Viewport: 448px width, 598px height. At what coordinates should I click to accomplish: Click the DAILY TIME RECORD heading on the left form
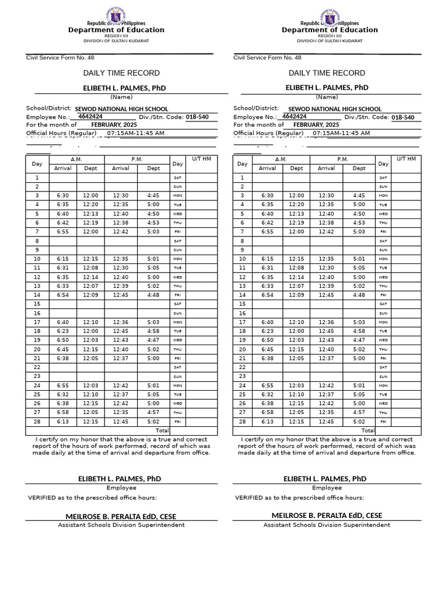click(x=121, y=73)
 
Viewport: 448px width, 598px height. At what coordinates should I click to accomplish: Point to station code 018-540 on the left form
click(x=197, y=117)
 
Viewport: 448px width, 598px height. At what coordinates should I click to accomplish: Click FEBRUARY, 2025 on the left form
click(x=105, y=125)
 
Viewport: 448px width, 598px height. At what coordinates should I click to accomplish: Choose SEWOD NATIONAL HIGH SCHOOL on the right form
click(x=335, y=109)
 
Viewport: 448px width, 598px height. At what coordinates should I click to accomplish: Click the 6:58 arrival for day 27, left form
click(x=62, y=412)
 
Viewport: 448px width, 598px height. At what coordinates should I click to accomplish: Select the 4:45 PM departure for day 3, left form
click(x=153, y=196)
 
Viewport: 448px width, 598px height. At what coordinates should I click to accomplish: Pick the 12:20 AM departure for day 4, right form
click(x=296, y=204)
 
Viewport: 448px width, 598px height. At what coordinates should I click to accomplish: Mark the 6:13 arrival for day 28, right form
click(x=267, y=422)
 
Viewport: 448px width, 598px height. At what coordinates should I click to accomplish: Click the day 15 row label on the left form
click(x=37, y=304)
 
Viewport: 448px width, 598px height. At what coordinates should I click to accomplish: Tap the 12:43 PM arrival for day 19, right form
click(x=326, y=340)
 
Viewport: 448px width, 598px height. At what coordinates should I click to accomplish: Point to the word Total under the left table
click(x=162, y=430)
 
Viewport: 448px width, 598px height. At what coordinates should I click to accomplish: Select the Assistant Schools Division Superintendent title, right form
click(x=327, y=525)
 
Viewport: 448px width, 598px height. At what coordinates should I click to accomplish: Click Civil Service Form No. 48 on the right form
click(x=267, y=58)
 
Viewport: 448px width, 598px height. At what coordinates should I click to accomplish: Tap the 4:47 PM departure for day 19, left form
click(x=153, y=340)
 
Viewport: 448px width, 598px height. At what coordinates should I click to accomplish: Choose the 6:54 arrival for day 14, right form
click(x=267, y=295)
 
